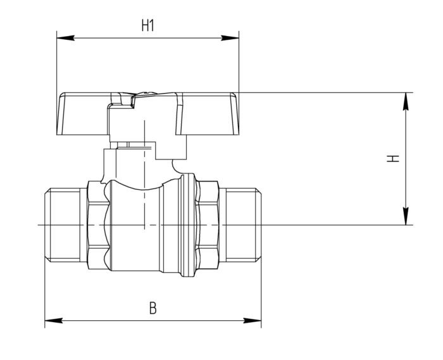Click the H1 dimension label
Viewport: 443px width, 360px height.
pos(147,25)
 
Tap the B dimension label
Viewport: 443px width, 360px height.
pos(153,308)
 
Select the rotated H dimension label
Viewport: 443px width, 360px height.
pos(393,158)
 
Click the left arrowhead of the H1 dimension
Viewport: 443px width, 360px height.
pos(66,38)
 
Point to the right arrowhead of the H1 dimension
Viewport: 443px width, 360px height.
pos(230,38)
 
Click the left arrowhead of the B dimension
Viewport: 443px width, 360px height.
pos(54,321)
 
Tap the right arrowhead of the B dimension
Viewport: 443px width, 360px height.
pos(253,321)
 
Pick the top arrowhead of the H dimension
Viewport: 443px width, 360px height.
pos(406,101)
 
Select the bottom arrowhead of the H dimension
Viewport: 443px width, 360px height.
pos(406,216)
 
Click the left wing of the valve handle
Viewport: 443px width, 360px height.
pos(83,113)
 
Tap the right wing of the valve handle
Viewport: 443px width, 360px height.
pos(208,113)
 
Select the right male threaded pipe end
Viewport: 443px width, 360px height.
pos(240,225)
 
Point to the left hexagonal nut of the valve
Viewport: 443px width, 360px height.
pos(98,225)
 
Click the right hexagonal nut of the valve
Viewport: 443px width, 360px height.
pos(207,225)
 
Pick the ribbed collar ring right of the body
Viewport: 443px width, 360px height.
pos(188,225)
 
